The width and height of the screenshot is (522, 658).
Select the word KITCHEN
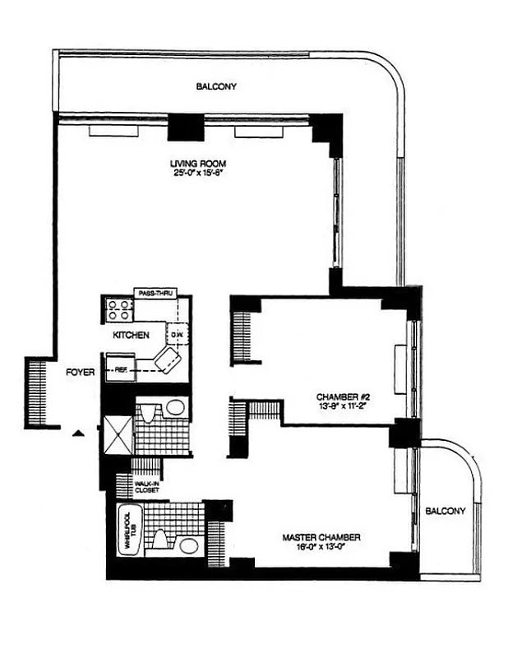131,336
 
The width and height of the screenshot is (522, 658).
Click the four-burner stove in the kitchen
118,309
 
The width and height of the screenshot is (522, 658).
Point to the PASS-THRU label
155,293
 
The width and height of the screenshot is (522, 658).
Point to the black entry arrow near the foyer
78,432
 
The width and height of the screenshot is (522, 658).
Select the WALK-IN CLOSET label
146,488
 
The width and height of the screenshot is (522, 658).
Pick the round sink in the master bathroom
188,545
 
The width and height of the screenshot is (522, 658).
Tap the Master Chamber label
321,538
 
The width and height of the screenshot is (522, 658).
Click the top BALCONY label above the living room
216,86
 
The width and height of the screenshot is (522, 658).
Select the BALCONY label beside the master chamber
446,511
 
